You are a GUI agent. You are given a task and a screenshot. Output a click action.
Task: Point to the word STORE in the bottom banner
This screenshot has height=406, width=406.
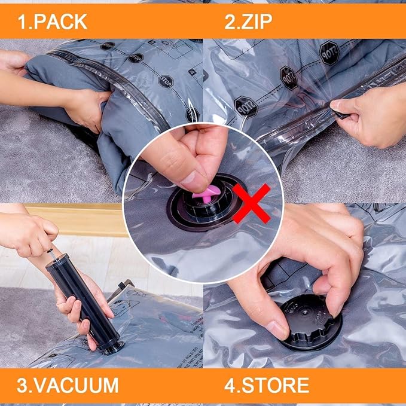point(276,384)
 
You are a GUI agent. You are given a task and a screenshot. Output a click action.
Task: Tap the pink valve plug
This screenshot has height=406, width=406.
point(203,193)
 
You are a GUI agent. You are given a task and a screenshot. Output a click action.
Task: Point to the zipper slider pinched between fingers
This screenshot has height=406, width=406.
point(339,111)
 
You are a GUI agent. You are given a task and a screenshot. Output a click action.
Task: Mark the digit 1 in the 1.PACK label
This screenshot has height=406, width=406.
point(21,22)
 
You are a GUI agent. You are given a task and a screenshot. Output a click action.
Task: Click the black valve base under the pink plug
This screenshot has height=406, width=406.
point(203,209)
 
